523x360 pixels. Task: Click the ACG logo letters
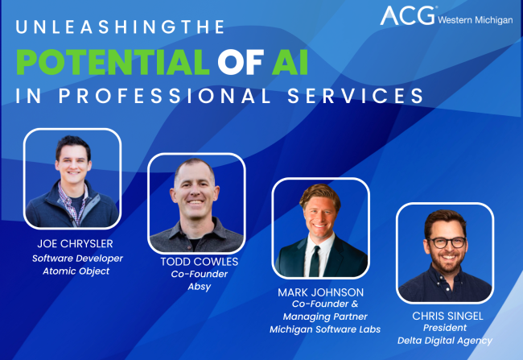click(x=406, y=16)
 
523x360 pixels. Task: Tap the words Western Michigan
click(x=475, y=19)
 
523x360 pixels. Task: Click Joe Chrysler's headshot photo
click(x=72, y=179)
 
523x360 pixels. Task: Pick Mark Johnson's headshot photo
click(x=320, y=228)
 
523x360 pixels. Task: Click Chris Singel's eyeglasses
click(x=445, y=242)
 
